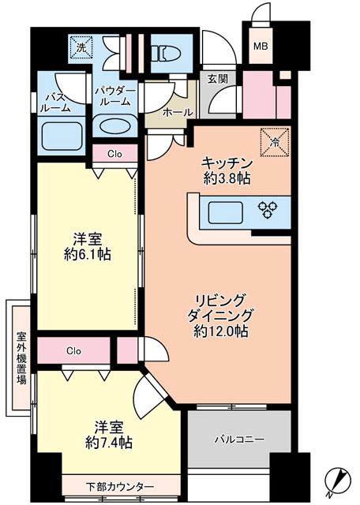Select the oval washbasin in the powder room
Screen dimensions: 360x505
[115, 126]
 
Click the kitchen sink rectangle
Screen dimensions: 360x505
[225, 212]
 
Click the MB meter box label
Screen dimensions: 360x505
[261, 47]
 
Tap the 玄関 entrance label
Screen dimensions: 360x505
[218, 79]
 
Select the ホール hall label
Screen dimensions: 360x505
[178, 112]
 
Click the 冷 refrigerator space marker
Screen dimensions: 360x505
[275, 141]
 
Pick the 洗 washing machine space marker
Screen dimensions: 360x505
[81, 48]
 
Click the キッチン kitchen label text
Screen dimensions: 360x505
[227, 164]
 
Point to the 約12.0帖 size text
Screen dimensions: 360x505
[221, 331]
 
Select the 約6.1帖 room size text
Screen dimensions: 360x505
[87, 255]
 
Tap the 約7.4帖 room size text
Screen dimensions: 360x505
[109, 443]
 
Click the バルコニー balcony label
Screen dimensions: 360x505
[240, 439]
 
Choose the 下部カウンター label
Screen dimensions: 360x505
[120, 485]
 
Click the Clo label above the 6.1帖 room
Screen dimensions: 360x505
[115, 155]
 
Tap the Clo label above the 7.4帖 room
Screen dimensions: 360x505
[73, 351]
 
